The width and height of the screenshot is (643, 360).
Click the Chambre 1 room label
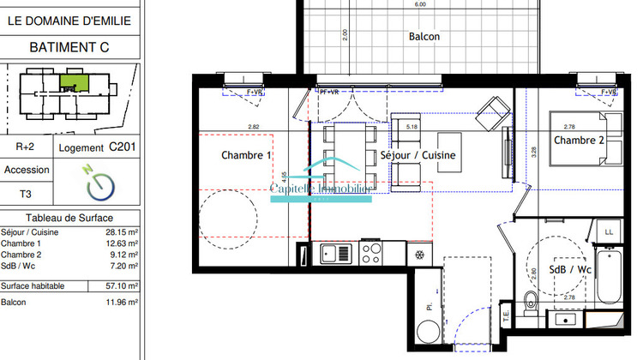click(x=246, y=156)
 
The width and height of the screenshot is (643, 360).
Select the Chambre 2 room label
click(x=579, y=140)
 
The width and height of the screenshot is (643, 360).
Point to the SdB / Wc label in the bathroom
click(x=571, y=269)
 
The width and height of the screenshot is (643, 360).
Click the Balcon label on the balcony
click(x=424, y=36)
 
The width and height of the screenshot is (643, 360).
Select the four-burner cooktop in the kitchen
click(x=371, y=253)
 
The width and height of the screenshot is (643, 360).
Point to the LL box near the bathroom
click(x=609, y=231)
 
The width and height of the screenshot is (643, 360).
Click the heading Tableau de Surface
click(x=69, y=219)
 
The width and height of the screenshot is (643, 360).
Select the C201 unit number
click(x=123, y=147)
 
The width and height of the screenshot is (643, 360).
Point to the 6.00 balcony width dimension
click(x=420, y=4)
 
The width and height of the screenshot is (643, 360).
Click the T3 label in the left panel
click(x=26, y=195)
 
